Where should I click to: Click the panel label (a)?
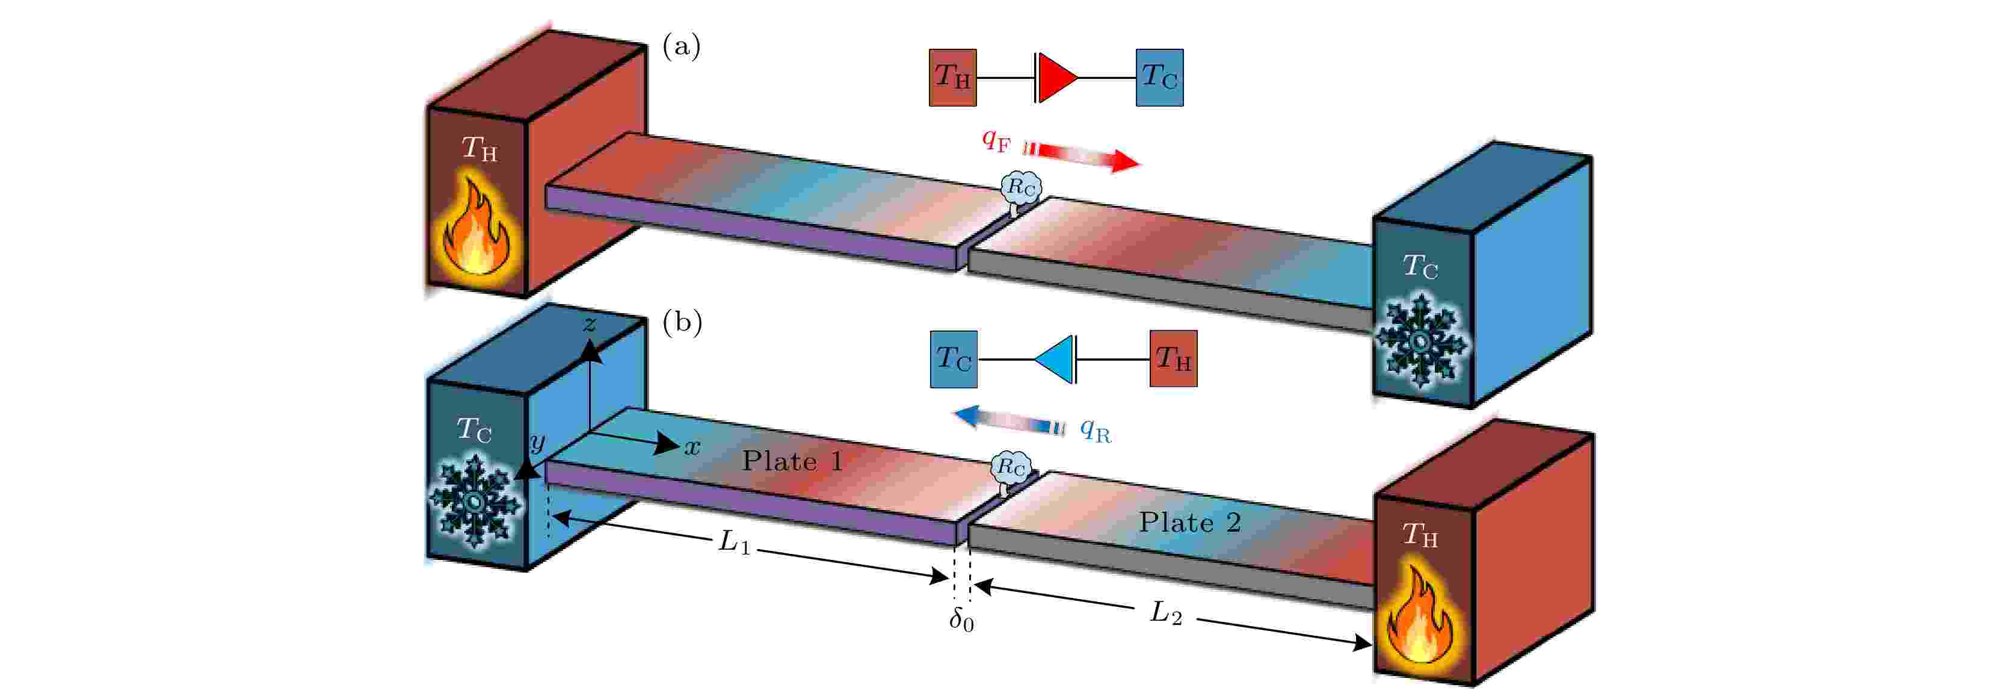tap(682, 47)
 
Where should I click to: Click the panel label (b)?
tap(682, 322)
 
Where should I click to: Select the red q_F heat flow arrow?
tap(1082, 155)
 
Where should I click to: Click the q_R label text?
tap(1096, 430)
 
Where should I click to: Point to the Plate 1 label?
tap(792, 461)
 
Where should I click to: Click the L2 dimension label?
tap(1166, 612)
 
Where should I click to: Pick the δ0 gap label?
tap(962, 620)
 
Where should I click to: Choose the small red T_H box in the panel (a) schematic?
tap(952, 78)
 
